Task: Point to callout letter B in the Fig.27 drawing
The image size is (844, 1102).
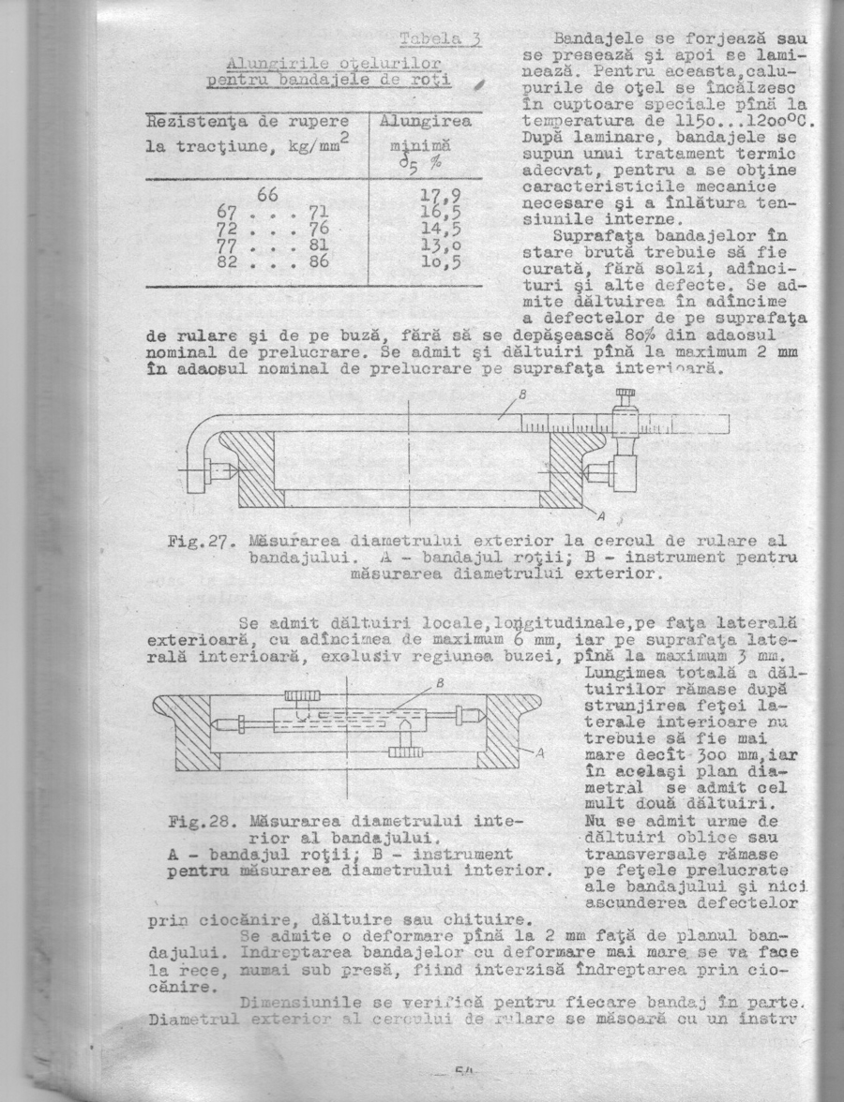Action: (x=522, y=393)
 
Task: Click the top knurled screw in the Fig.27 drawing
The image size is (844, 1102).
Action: (x=621, y=395)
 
